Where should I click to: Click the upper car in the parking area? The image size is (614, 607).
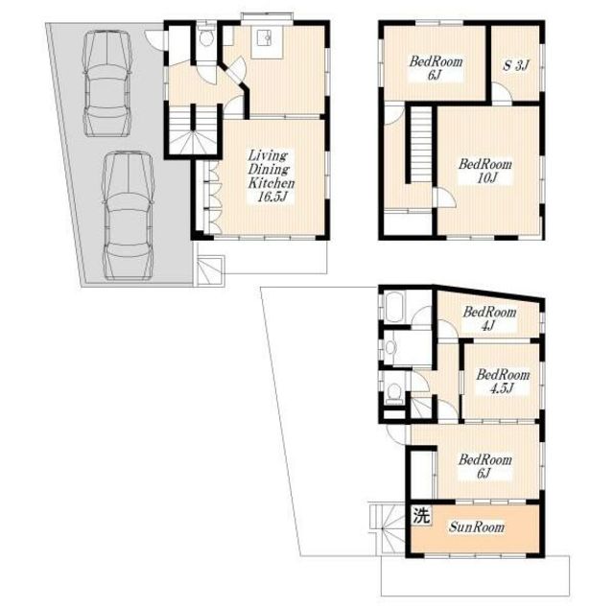pyautogui.click(x=106, y=83)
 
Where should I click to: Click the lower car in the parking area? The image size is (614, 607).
pyautogui.click(x=128, y=216)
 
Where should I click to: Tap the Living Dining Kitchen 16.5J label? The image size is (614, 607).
pyautogui.click(x=271, y=176)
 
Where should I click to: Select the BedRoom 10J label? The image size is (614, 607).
pyautogui.click(x=485, y=171)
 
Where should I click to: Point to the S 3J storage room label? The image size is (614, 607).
pyautogui.click(x=516, y=65)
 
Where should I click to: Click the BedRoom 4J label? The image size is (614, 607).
pyautogui.click(x=489, y=318)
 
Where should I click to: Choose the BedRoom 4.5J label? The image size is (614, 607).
pyautogui.click(x=503, y=382)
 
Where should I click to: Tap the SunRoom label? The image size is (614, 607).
pyautogui.click(x=477, y=527)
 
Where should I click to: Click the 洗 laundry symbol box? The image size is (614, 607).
pyautogui.click(x=422, y=515)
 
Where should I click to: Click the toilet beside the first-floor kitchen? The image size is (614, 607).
pyautogui.click(x=205, y=36)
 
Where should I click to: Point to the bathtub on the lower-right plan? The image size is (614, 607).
pyautogui.click(x=395, y=308)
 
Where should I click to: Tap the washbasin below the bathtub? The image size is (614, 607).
pyautogui.click(x=390, y=347)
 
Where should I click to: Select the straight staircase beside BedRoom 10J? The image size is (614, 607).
pyautogui.click(x=421, y=145)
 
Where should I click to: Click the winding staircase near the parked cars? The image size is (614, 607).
pyautogui.click(x=194, y=131)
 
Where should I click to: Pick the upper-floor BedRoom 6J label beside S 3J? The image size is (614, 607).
pyautogui.click(x=436, y=68)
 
